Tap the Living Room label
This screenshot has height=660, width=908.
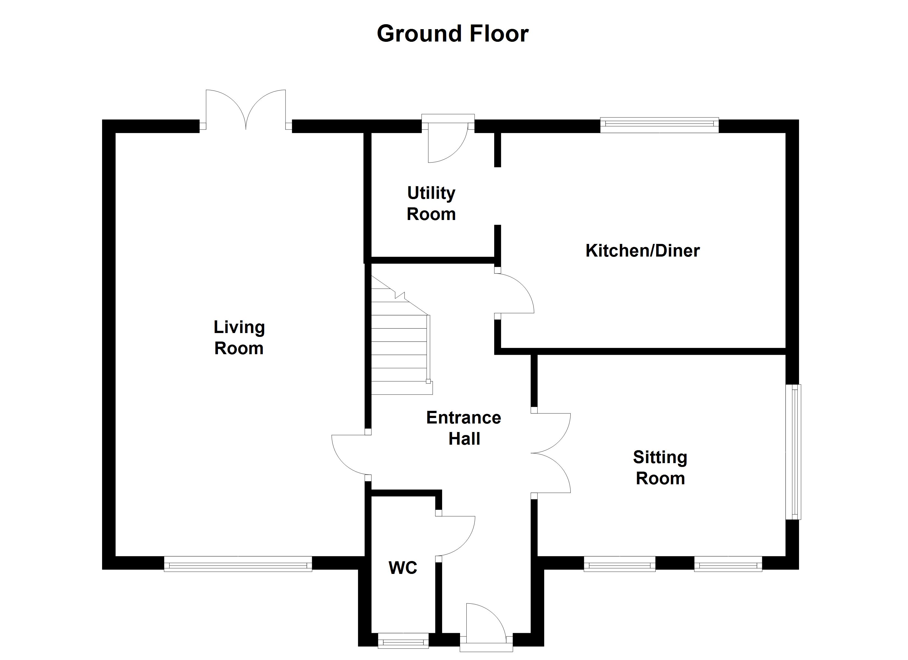[239, 337]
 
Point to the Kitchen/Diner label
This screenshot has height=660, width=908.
[642, 251]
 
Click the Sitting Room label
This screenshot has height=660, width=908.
[660, 468]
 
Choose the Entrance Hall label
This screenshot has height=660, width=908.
[464, 428]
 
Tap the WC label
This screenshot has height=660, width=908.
[403, 568]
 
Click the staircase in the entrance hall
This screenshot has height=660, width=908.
[400, 348]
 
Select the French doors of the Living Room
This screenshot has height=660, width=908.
[246, 110]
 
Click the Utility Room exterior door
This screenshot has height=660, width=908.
[446, 142]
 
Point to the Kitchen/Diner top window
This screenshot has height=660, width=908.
[659, 125]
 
